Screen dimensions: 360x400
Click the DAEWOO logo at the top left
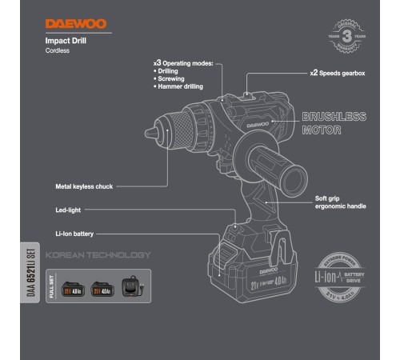[73, 25]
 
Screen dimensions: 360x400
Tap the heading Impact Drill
[66, 40]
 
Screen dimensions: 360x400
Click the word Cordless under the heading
[58, 50]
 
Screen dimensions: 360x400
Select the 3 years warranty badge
[345, 37]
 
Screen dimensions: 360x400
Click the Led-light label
[70, 211]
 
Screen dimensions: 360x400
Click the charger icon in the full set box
[129, 287]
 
